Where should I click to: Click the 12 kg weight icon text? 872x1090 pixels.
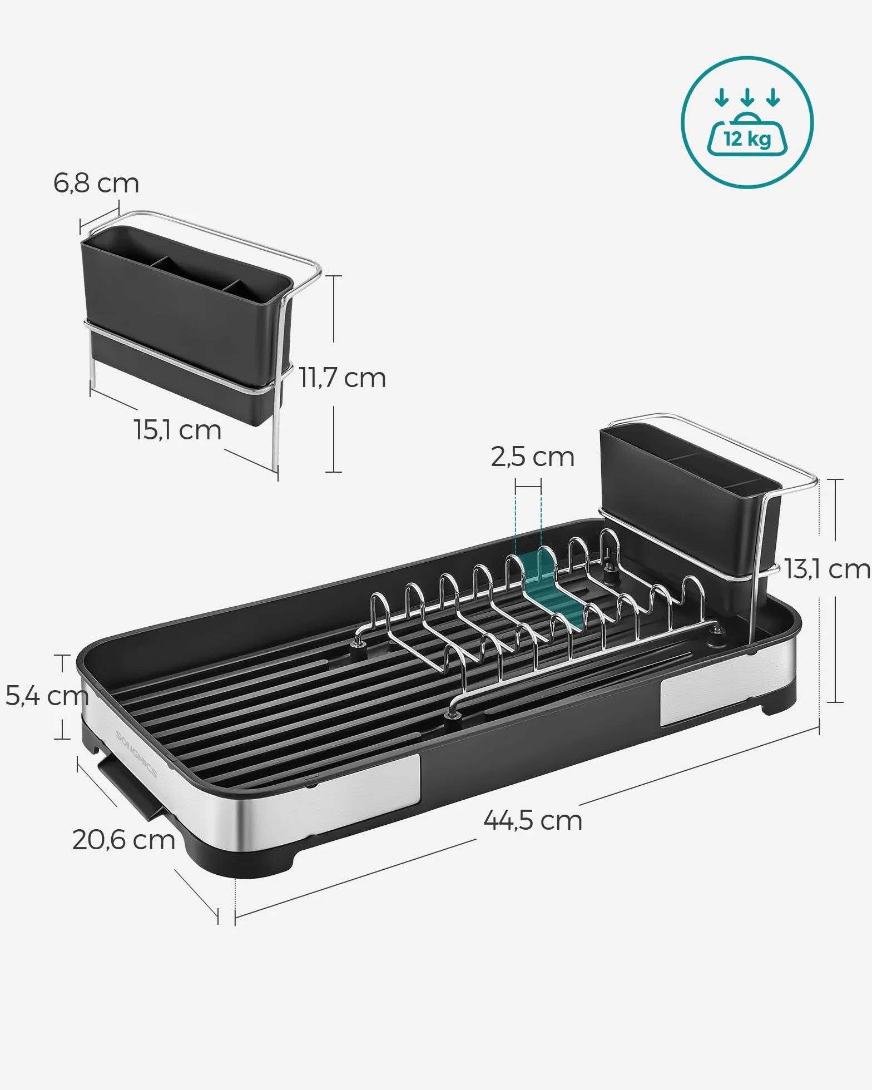click(x=747, y=138)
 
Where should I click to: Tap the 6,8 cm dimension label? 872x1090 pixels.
click(x=96, y=183)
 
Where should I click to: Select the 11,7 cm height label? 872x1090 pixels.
click(x=343, y=378)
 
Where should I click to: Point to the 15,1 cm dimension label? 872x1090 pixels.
click(x=177, y=430)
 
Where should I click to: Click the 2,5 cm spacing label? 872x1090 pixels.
click(x=532, y=457)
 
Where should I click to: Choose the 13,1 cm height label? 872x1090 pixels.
click(x=828, y=569)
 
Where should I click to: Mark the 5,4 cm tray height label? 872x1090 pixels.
click(x=47, y=696)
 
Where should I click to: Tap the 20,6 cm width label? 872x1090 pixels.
click(x=123, y=840)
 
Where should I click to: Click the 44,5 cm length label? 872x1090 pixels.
click(x=533, y=820)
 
